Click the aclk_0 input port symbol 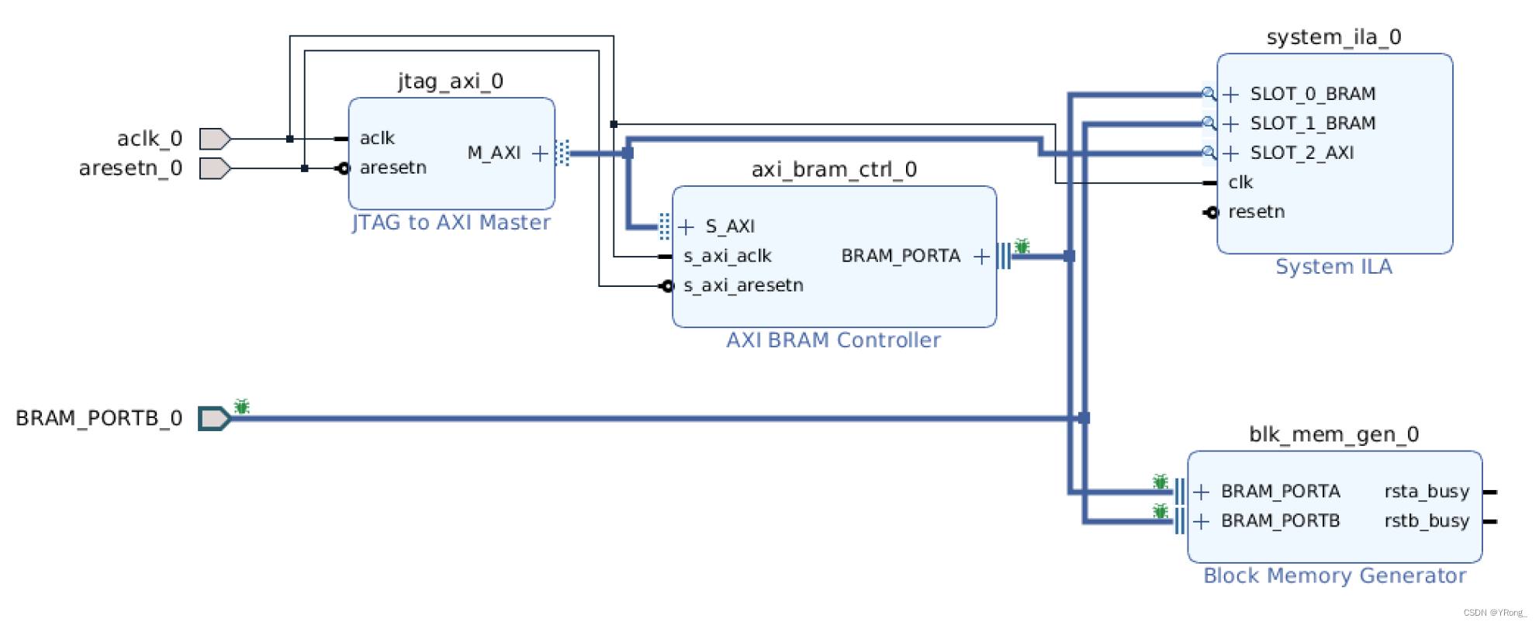point(214,139)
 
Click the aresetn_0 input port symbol point(214,168)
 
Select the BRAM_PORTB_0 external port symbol point(213,419)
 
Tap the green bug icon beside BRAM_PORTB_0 point(242,406)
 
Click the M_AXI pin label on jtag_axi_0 point(494,154)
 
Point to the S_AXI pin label point(730,226)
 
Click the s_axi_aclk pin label point(728,256)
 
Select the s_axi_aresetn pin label point(743,285)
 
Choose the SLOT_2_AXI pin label point(1302,153)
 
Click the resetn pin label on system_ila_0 point(1257,212)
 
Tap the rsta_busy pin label point(1427,492)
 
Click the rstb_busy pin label point(1427,521)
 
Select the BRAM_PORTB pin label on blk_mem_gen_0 point(1280,521)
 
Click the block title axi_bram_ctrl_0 point(834,170)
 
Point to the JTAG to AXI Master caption point(451,223)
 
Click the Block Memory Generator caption point(1334,576)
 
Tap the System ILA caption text point(1333,267)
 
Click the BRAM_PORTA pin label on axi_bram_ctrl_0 point(901,256)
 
